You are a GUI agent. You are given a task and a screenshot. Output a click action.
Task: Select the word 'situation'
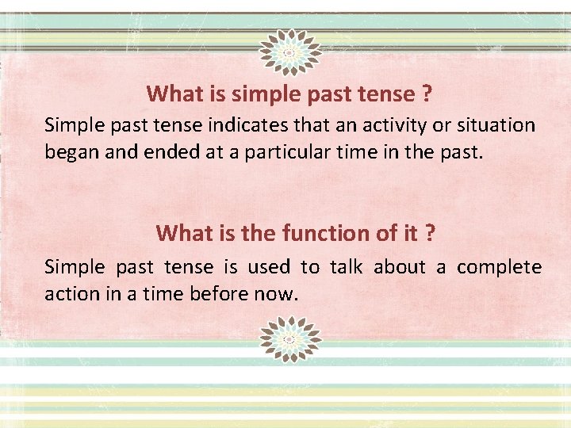(x=496, y=125)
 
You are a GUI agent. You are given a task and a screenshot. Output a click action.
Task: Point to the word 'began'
(x=69, y=151)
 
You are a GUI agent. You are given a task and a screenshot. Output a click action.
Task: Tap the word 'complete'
(x=500, y=268)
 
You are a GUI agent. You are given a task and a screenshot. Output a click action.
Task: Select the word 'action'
(x=69, y=294)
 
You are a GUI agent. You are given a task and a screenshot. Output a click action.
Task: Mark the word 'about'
(x=400, y=268)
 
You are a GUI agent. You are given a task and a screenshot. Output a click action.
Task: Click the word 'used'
(x=269, y=268)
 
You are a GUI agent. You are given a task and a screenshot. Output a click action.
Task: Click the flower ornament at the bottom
(x=289, y=339)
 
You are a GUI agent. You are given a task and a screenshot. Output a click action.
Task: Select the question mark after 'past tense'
(x=427, y=95)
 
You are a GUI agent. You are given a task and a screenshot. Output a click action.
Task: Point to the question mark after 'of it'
(x=430, y=233)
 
